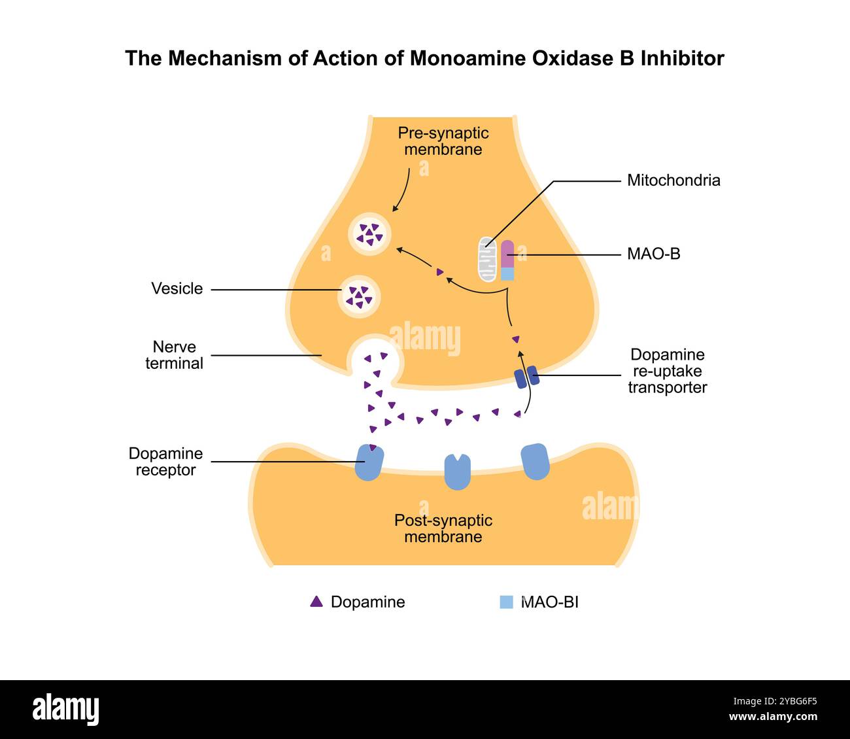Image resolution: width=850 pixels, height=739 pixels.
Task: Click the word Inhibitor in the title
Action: point(682,59)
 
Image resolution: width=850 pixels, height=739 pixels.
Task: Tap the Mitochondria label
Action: point(673,180)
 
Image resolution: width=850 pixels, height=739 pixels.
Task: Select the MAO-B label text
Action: point(653,254)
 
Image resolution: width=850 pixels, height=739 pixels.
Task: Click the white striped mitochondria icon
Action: point(487,259)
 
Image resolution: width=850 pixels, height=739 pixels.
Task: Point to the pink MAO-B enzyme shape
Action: point(507,254)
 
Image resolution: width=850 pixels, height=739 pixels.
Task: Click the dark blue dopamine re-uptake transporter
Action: point(526,377)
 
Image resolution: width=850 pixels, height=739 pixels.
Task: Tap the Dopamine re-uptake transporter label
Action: point(667,371)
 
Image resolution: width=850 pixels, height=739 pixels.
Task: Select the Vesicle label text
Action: point(177,289)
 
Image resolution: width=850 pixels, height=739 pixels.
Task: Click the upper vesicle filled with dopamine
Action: point(370,233)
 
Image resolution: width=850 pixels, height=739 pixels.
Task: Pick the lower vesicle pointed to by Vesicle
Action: point(359,296)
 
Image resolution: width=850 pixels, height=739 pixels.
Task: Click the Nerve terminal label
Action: point(174,355)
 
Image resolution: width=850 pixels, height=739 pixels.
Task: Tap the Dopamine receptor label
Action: point(165,462)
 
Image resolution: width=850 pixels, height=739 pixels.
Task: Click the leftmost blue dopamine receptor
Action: point(369,463)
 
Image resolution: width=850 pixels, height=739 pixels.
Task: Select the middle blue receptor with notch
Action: point(457,472)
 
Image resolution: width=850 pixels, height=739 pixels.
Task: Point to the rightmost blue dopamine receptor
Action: point(535,462)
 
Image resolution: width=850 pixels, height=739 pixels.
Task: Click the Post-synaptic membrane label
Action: point(443,529)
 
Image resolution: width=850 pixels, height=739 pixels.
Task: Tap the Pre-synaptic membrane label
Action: point(443,141)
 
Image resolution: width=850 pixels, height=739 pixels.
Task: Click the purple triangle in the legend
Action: point(316,602)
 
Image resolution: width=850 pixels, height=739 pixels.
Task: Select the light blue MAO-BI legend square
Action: point(506,602)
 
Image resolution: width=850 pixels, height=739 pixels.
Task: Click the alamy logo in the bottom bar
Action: point(66,710)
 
